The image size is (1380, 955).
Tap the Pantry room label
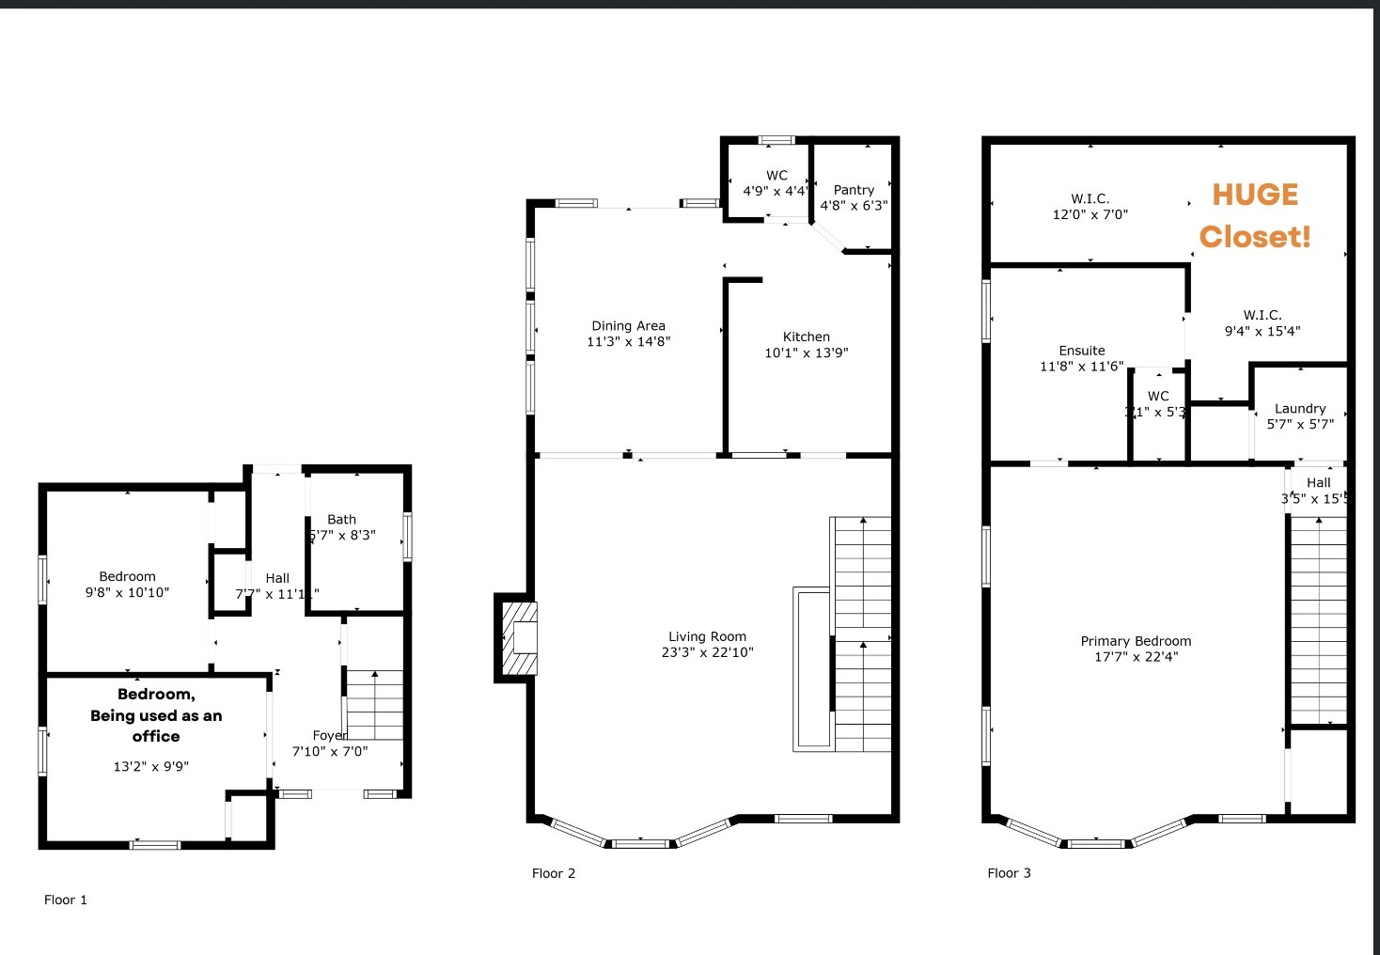tap(854, 190)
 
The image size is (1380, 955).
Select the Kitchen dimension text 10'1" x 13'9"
tap(806, 352)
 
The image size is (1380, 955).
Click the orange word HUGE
tap(1255, 195)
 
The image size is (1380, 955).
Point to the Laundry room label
tap(1300, 409)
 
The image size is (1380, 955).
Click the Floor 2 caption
tap(554, 873)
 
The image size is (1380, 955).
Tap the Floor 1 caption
tap(66, 900)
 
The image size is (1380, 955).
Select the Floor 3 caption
tap(1009, 873)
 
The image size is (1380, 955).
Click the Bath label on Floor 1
tap(342, 519)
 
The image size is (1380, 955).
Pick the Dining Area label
tap(628, 326)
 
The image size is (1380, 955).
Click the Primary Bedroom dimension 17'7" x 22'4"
tap(1136, 657)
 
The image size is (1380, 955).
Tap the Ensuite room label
tap(1082, 351)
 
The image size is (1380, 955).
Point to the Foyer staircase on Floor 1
tap(374, 705)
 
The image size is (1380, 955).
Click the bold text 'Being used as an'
tap(156, 715)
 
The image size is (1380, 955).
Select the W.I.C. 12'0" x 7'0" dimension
tap(1090, 214)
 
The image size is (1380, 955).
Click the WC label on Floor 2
tap(776, 175)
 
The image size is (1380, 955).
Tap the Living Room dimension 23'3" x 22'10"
tap(707, 652)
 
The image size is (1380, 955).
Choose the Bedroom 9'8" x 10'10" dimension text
tap(127, 592)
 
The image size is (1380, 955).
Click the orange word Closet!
tap(1255, 237)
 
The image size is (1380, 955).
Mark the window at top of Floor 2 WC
tap(776, 140)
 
